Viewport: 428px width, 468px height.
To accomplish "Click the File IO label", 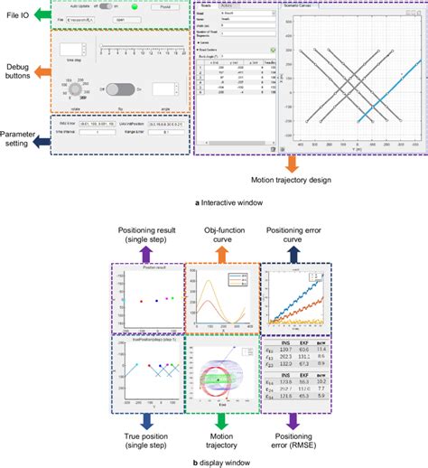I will pyautogui.click(x=17, y=14).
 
